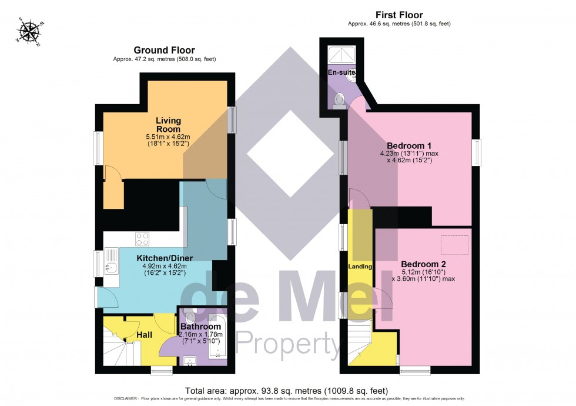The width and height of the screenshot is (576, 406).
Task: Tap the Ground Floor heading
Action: [164, 50]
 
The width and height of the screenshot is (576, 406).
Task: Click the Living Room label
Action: [168, 125]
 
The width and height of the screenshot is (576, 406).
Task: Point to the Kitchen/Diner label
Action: [165, 258]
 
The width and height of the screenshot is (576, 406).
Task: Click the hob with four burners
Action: [143, 239]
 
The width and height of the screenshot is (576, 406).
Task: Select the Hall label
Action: [144, 335]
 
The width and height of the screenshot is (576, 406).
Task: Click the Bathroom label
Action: [200, 327]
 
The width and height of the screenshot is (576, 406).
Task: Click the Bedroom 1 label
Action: [409, 145]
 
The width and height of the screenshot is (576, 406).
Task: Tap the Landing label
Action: [360, 267]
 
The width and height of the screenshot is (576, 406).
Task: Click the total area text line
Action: [286, 390]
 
